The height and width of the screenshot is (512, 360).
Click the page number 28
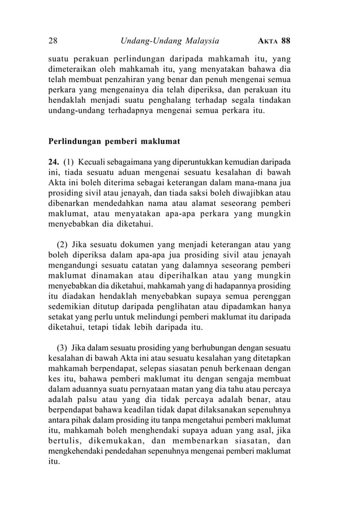53,41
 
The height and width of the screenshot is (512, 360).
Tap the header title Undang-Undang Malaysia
170,41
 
